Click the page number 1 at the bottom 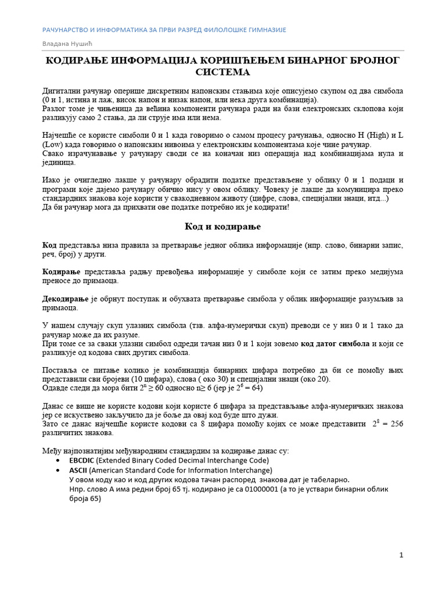tap(401, 555)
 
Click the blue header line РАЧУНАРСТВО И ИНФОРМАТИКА tap(164, 30)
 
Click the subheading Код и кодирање tap(222, 225)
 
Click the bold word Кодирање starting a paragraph tap(62, 271)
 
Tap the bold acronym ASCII tap(78, 470)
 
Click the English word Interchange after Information tap(249, 470)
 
